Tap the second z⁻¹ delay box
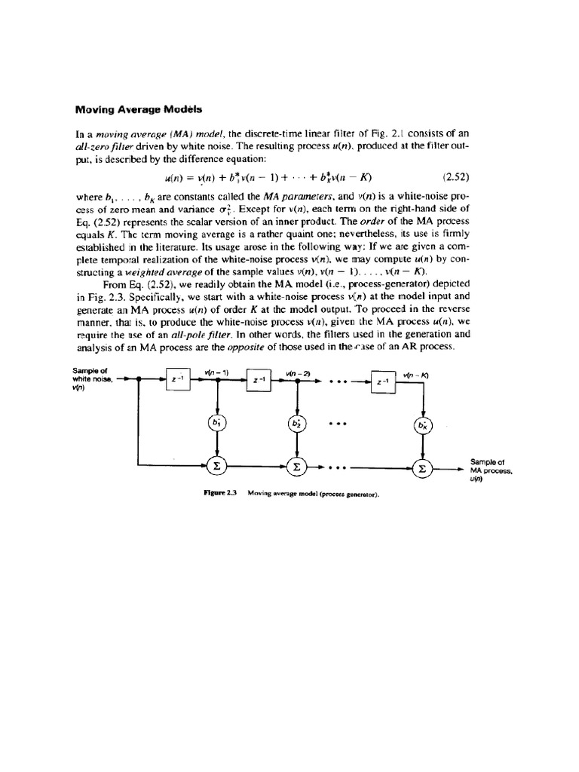coord(258,380)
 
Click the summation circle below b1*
coord(218,467)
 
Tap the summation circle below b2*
coord(297,467)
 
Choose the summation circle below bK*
coord(420,467)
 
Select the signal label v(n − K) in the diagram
coord(415,375)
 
